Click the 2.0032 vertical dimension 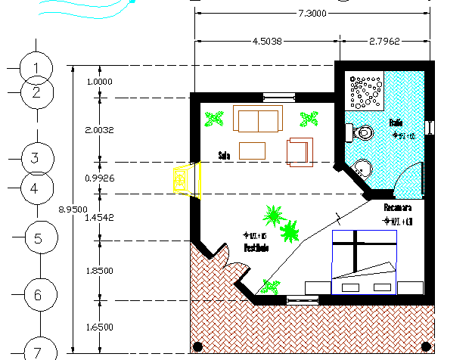pos(99,130)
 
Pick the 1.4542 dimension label pos(99,217)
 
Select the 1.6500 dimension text pos(99,327)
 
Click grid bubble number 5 pos(38,239)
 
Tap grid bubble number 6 pos(38,295)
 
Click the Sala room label pos(224,156)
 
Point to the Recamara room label pos(397,207)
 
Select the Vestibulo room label pos(256,248)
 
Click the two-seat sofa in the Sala pos(257,119)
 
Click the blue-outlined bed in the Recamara pos(364,262)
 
